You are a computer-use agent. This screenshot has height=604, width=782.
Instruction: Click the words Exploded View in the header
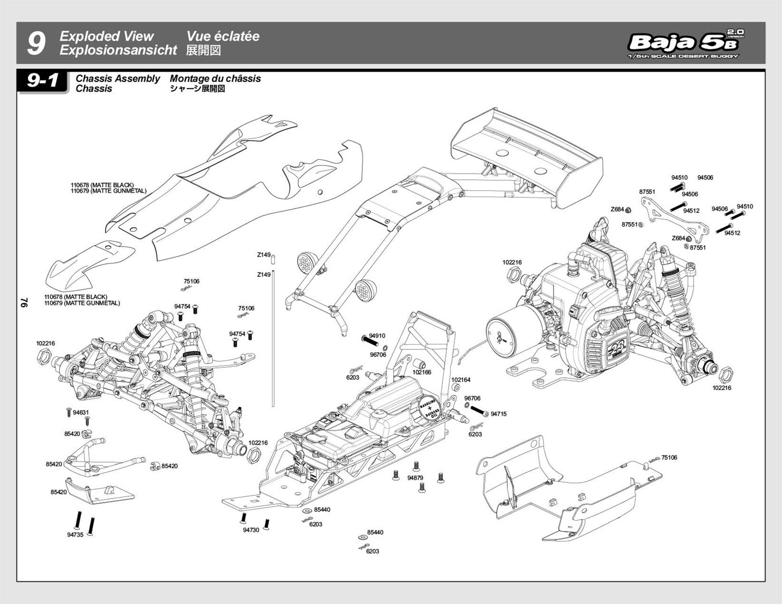click(x=106, y=36)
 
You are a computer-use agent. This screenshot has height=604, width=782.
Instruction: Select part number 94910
click(x=377, y=336)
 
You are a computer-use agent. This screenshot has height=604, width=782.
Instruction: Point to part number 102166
click(x=422, y=372)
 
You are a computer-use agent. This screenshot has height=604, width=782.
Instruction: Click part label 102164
click(x=461, y=380)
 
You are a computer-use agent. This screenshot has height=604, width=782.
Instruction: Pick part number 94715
click(x=499, y=414)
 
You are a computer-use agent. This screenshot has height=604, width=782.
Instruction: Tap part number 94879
click(x=415, y=478)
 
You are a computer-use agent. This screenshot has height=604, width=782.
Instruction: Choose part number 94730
click(x=251, y=530)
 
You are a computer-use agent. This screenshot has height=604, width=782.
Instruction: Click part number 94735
click(x=75, y=534)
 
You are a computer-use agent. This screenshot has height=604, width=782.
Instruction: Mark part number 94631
click(x=81, y=413)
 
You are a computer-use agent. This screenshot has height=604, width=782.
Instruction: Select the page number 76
click(x=24, y=302)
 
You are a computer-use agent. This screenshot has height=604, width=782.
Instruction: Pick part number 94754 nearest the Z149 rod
click(x=237, y=334)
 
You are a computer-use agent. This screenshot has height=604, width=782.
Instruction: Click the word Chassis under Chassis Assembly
click(x=93, y=89)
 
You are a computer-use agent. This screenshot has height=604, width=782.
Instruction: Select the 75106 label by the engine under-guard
click(x=669, y=457)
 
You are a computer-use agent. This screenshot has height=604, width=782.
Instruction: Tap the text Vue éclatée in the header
click(x=223, y=36)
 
